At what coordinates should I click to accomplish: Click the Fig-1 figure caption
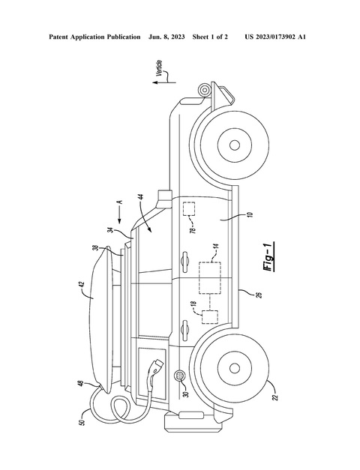(x=269, y=256)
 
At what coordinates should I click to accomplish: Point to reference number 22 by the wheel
(x=276, y=397)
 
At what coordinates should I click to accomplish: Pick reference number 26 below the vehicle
(x=259, y=295)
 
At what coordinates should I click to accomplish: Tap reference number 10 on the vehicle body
(x=250, y=215)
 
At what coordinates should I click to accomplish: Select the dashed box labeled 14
(x=210, y=277)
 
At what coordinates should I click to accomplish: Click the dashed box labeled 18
(x=210, y=317)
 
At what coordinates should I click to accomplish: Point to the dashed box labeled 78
(x=189, y=209)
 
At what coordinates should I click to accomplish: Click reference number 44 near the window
(x=142, y=198)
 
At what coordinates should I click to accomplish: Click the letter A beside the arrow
(x=120, y=202)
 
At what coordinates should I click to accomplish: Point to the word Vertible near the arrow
(x=160, y=69)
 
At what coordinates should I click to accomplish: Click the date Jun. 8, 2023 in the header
(x=166, y=37)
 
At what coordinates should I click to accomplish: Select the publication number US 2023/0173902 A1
(x=275, y=37)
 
